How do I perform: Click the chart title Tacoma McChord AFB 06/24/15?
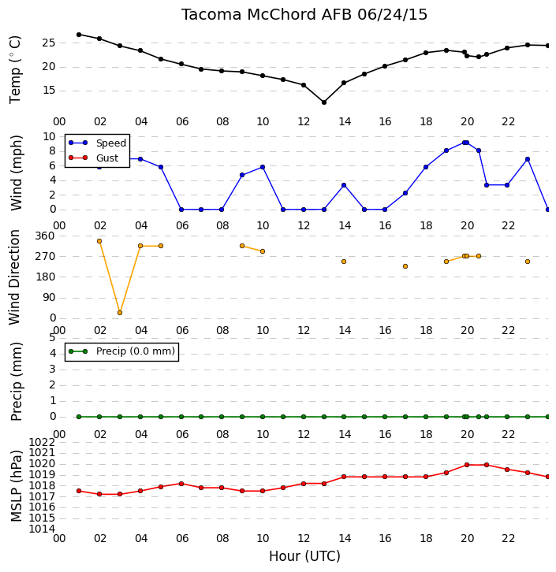pyautogui.click(x=304, y=15)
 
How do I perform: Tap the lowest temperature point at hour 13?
pyautogui.click(x=324, y=102)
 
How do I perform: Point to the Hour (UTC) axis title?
pyautogui.click(x=304, y=556)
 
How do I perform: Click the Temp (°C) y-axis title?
pyautogui.click(x=15, y=70)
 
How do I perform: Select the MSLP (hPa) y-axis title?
pyautogui.click(x=17, y=486)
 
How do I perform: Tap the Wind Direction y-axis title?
pyautogui.click(x=14, y=277)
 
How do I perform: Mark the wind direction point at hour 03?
pyautogui.click(x=120, y=313)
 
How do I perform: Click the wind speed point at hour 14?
pyautogui.click(x=344, y=185)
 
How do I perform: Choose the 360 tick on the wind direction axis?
pyautogui.click(x=45, y=236)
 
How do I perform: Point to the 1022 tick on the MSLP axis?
pyautogui.click(x=42, y=443)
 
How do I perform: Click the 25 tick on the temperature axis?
pyautogui.click(x=49, y=43)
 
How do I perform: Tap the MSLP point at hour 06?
pyautogui.click(x=181, y=484)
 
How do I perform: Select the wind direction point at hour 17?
pyautogui.click(x=405, y=266)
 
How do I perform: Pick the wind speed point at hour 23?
pyautogui.click(x=528, y=159)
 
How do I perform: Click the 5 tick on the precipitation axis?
pyautogui.click(x=52, y=338)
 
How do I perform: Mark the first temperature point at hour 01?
pyautogui.click(x=79, y=35)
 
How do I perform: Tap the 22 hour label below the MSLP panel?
pyautogui.click(x=508, y=538)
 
